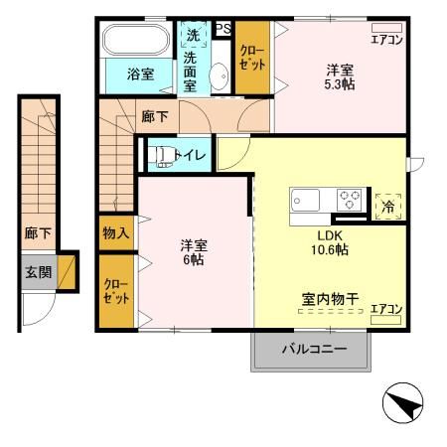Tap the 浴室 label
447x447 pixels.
[x=140, y=74]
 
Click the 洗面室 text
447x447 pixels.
[x=191, y=72]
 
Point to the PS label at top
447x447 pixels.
[x=224, y=28]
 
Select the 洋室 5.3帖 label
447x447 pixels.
[x=340, y=77]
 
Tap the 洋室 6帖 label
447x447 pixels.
[x=193, y=252]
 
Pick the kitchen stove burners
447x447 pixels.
[x=350, y=197]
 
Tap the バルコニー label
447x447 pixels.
[x=313, y=350]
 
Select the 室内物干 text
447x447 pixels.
[x=331, y=297]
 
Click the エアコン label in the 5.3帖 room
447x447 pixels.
[x=386, y=40]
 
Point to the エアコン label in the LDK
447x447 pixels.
[x=385, y=309]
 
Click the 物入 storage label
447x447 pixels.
[x=116, y=233]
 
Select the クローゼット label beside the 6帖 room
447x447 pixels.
[x=116, y=290]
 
